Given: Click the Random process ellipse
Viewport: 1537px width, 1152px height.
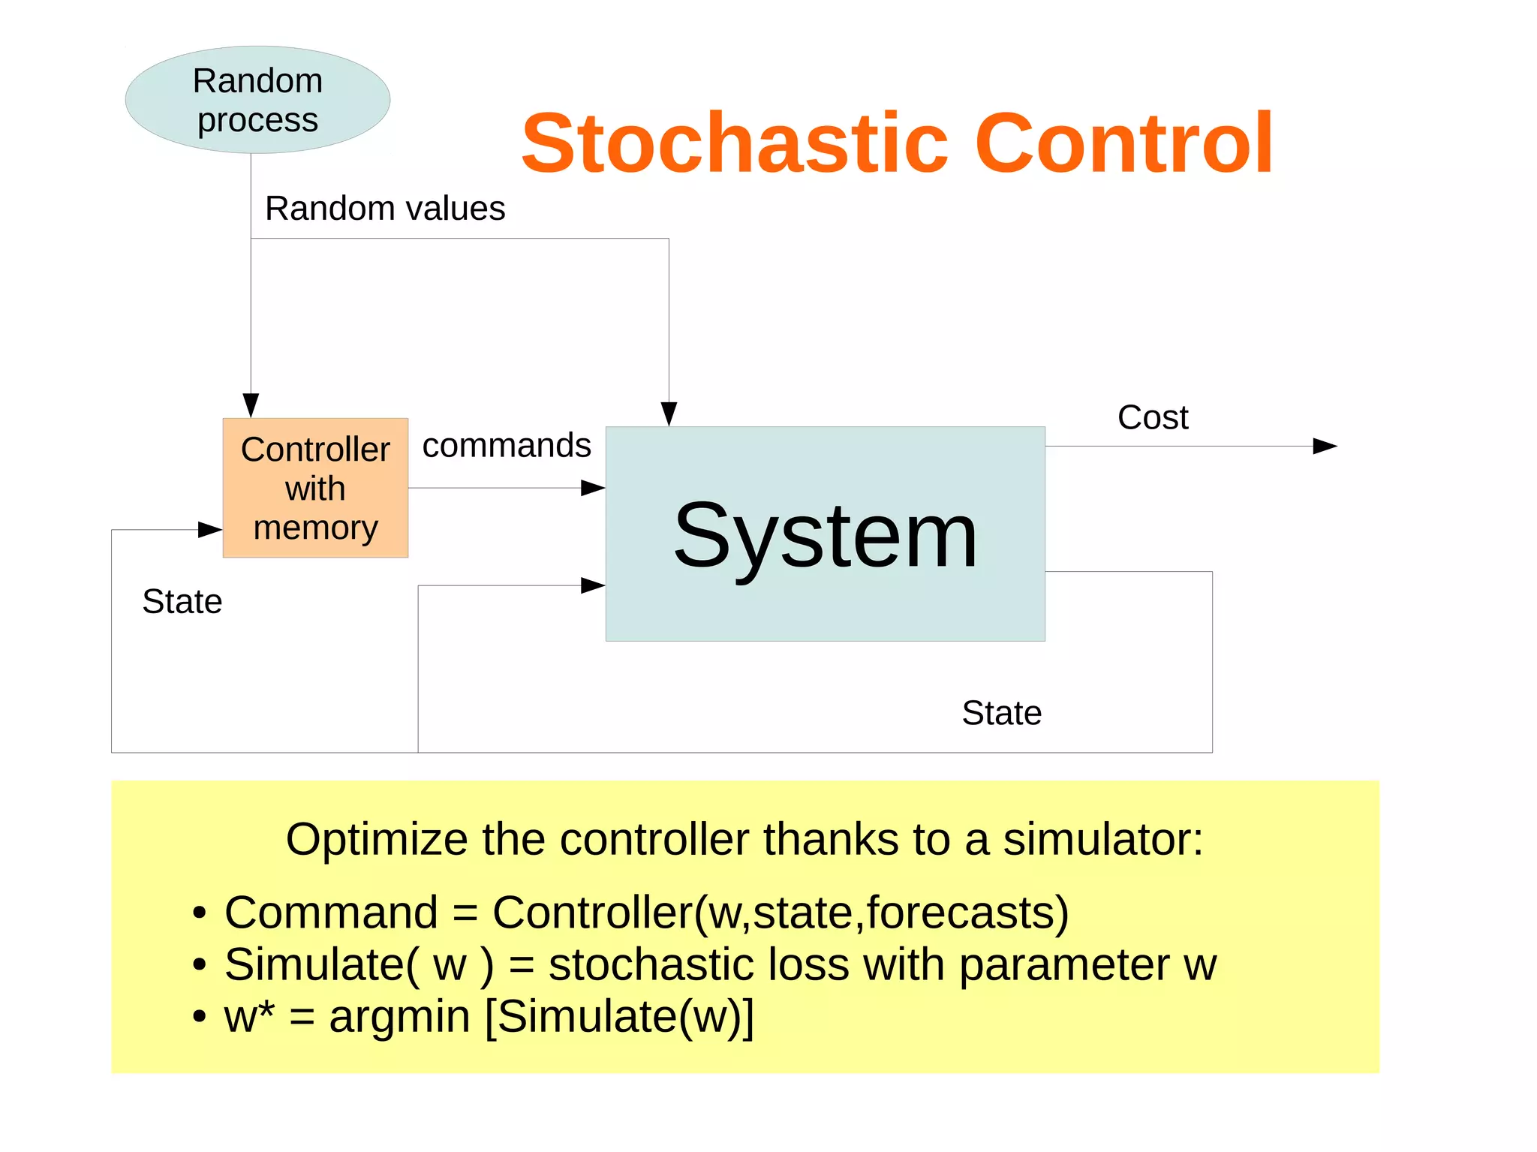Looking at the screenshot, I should [x=257, y=100].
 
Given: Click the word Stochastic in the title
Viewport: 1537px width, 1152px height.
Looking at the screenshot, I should [x=734, y=143].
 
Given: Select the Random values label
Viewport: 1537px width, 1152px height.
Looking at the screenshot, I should [x=384, y=209].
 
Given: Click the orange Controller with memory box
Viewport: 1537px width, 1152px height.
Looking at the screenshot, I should [x=315, y=488].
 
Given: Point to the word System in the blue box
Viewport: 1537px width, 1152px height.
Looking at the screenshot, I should [x=825, y=536].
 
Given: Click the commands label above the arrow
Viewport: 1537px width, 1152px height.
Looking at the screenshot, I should [x=507, y=446].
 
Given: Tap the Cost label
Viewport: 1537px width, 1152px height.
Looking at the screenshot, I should [x=1152, y=418].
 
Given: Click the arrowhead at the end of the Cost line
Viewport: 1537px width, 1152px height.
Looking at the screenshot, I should [x=1325, y=447].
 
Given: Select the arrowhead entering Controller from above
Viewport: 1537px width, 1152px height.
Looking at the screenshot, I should [x=251, y=405].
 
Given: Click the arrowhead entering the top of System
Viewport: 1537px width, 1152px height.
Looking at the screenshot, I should [x=669, y=414].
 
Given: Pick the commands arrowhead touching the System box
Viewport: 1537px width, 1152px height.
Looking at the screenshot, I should [x=593, y=489].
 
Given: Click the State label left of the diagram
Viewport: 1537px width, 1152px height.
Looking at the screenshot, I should [x=182, y=602].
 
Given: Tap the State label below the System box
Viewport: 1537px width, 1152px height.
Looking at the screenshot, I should [x=1001, y=713].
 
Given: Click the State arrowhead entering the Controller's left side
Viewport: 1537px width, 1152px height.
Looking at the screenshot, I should [x=209, y=530].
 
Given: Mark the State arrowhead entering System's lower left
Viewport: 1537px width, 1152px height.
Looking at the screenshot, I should [x=593, y=585].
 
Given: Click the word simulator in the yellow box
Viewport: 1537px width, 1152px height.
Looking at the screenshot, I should [x=1102, y=839].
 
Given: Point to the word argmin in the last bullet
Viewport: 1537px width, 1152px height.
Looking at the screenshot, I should [x=399, y=1016].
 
